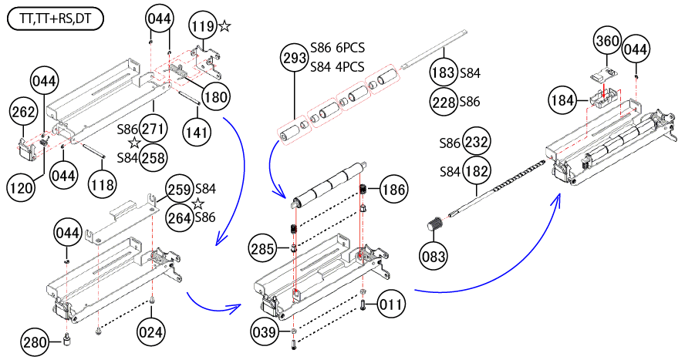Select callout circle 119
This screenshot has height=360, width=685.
(x=203, y=28)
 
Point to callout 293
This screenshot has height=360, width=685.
(x=295, y=57)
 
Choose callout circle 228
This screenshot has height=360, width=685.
(x=444, y=101)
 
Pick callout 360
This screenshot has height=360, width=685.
(x=607, y=41)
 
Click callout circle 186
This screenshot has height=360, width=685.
(x=392, y=188)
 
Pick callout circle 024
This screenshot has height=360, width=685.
(x=151, y=332)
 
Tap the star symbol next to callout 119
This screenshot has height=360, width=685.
(x=224, y=27)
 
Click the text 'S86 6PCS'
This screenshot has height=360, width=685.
(x=337, y=47)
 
